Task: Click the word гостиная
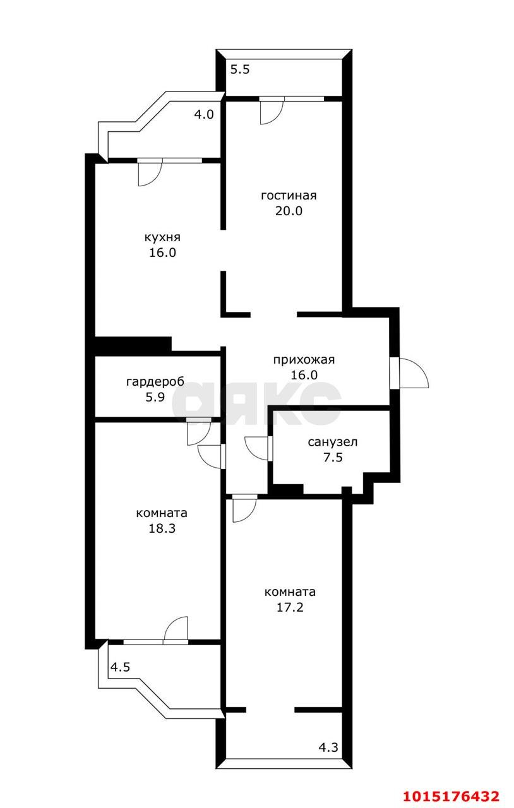(289, 196)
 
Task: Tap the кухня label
(163, 237)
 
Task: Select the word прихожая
(304, 360)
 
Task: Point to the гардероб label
(155, 382)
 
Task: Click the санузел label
(333, 442)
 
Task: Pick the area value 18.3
(162, 529)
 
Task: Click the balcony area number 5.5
(240, 69)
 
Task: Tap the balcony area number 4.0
(204, 115)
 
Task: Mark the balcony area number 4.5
(121, 667)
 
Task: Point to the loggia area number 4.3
(328, 748)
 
